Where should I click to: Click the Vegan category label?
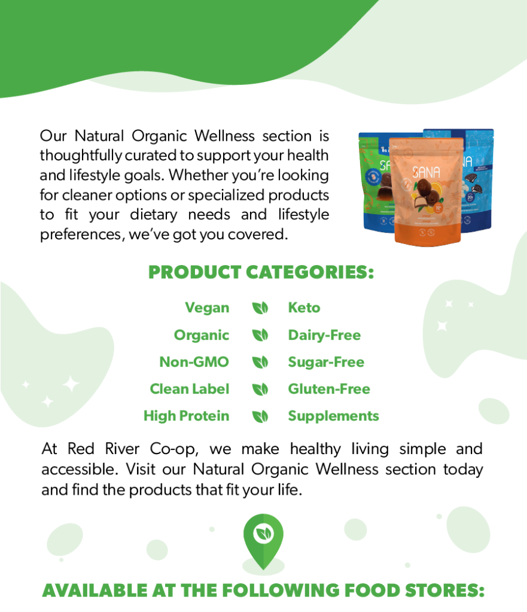tap(207, 308)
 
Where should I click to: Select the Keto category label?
tap(304, 307)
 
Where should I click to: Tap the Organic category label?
tap(202, 335)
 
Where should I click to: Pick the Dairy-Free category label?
tap(324, 335)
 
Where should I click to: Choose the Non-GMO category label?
tap(194, 362)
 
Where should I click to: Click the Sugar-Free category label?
tap(326, 362)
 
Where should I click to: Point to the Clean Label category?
tap(190, 389)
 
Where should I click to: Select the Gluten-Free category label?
tap(329, 389)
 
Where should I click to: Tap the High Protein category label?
tap(186, 416)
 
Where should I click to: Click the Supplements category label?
tap(333, 416)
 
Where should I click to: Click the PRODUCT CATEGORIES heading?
tap(261, 272)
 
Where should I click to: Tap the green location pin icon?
tap(263, 541)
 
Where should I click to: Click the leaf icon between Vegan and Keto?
tap(260, 308)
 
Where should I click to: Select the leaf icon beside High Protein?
tap(260, 416)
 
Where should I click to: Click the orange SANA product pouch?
tap(428, 191)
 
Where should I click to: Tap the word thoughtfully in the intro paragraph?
tap(81, 156)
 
